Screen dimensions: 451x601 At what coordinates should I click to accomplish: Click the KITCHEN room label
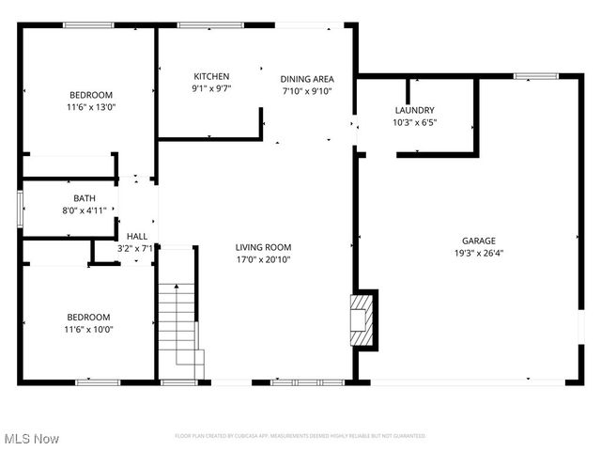(211, 77)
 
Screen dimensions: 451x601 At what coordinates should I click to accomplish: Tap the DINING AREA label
(307, 79)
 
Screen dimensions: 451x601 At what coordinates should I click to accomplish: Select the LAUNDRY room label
(414, 109)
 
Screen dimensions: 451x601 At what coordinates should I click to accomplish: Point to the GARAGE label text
(478, 241)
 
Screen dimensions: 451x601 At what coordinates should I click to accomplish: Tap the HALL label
(137, 237)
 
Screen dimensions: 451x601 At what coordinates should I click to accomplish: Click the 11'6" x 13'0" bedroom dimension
(91, 107)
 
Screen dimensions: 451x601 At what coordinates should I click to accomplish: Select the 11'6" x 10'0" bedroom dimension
(88, 330)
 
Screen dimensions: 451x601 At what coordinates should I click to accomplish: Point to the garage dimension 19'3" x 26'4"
(478, 253)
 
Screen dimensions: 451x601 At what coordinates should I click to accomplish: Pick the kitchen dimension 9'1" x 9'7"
(211, 89)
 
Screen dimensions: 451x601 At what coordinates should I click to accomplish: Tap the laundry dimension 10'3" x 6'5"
(414, 121)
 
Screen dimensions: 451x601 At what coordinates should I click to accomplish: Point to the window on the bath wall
(20, 208)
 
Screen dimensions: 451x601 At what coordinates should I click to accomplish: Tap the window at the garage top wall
(535, 76)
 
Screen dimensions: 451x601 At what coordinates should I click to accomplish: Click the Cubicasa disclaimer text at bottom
(300, 436)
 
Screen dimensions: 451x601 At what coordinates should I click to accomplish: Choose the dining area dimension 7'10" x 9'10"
(307, 91)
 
